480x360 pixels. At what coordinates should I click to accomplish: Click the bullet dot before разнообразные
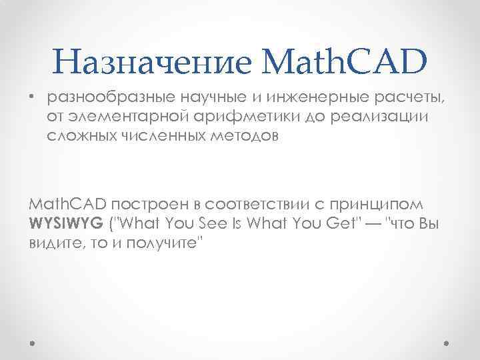(31, 99)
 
